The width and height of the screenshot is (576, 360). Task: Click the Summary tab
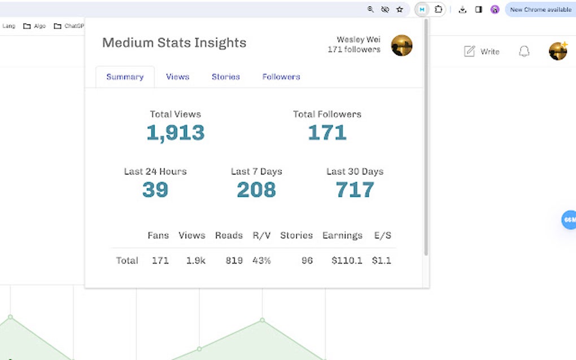point(125,77)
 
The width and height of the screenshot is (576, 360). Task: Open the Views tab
point(177,77)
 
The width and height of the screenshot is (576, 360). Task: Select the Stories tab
point(225,77)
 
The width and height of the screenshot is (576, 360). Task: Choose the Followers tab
point(281,77)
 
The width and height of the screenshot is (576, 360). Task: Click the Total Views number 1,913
point(175,133)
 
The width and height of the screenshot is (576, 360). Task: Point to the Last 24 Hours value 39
point(155,190)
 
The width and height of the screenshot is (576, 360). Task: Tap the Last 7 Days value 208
point(256,190)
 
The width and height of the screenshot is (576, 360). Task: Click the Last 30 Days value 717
point(355,190)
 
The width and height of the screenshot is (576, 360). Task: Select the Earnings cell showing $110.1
point(347,260)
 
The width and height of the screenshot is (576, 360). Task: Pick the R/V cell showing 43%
point(261,260)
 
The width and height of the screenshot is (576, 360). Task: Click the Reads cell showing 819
point(229,260)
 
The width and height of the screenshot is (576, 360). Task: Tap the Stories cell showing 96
point(307,260)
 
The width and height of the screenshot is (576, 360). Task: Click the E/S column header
point(382,235)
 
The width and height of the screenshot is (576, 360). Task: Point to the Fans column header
point(158,235)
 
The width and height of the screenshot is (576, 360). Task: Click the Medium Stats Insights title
point(174,43)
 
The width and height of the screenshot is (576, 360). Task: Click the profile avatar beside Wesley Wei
point(402,45)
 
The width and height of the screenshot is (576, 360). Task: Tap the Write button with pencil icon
point(482,51)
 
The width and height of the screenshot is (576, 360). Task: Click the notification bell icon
point(524,51)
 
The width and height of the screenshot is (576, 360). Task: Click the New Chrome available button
point(539,10)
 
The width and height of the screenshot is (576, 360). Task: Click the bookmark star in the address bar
point(400,10)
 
